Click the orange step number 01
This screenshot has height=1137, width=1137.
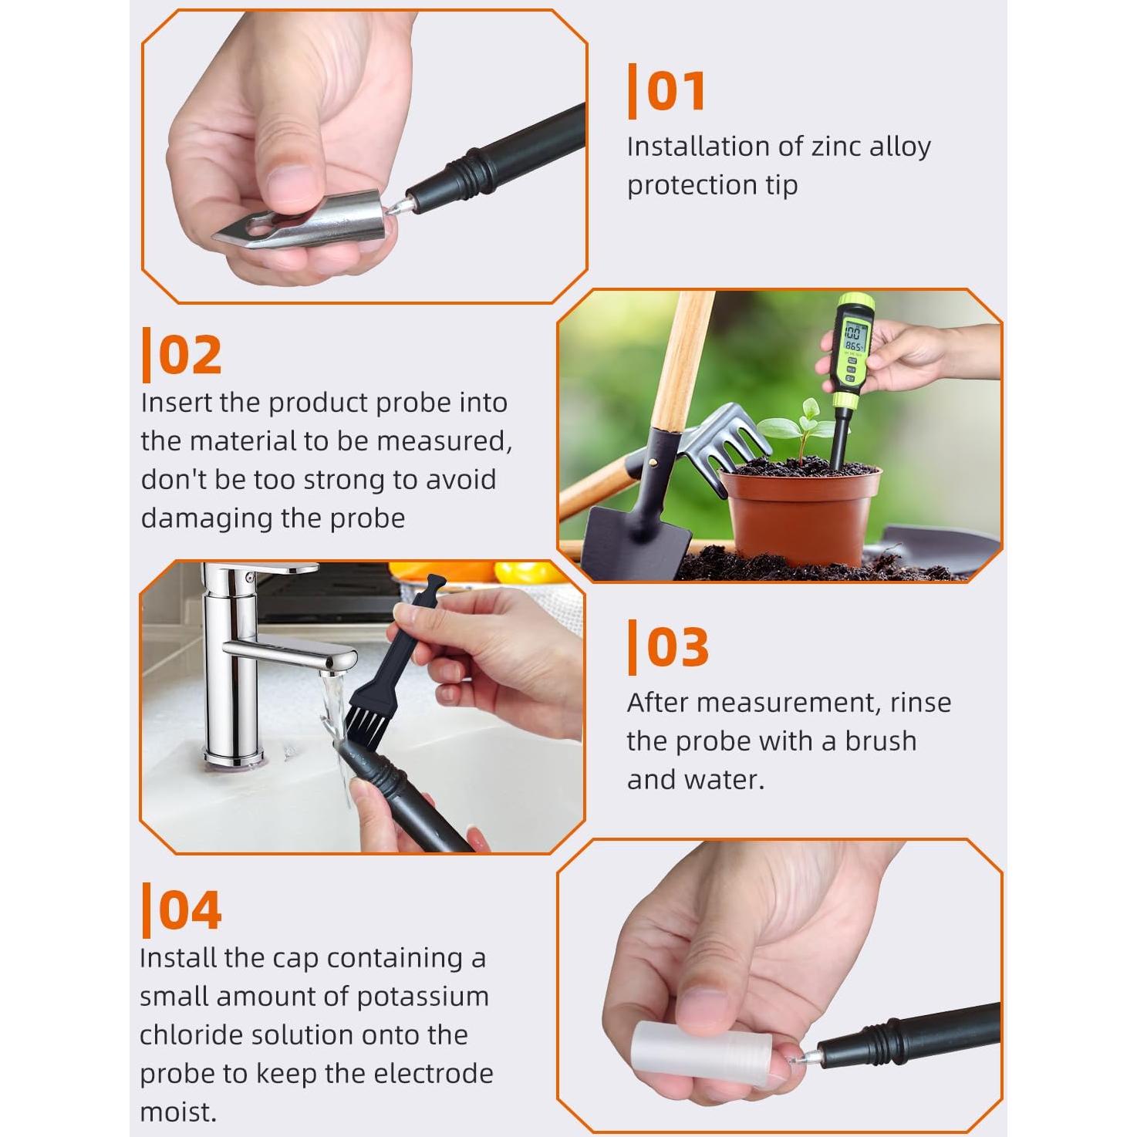675,92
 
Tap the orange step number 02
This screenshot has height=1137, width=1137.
190,355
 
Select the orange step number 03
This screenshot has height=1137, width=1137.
676,647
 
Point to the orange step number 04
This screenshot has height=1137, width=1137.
190,909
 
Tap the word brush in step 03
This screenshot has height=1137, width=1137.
880,741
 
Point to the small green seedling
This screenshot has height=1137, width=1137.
802,424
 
